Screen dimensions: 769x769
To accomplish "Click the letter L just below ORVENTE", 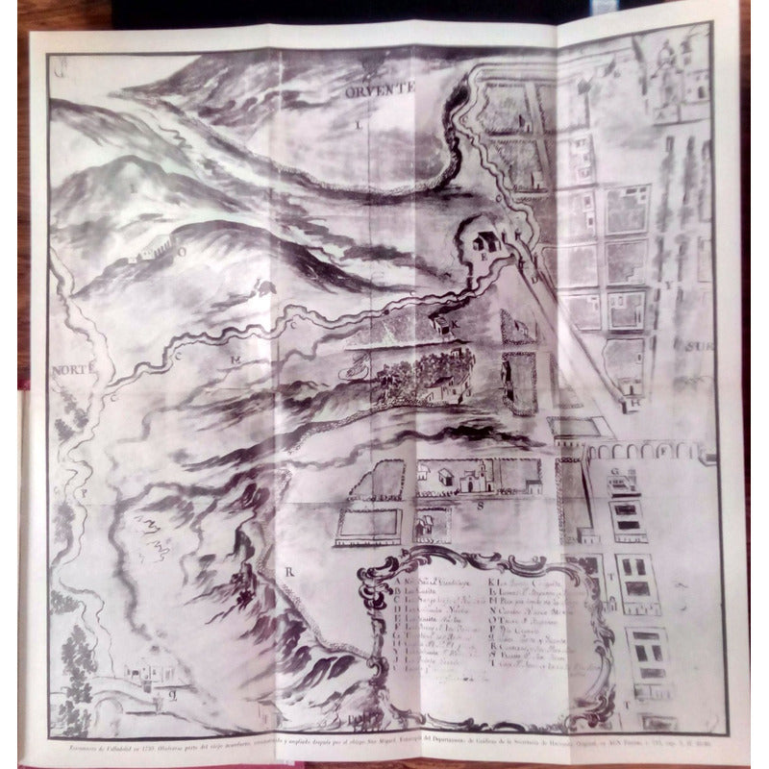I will point(358,124).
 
